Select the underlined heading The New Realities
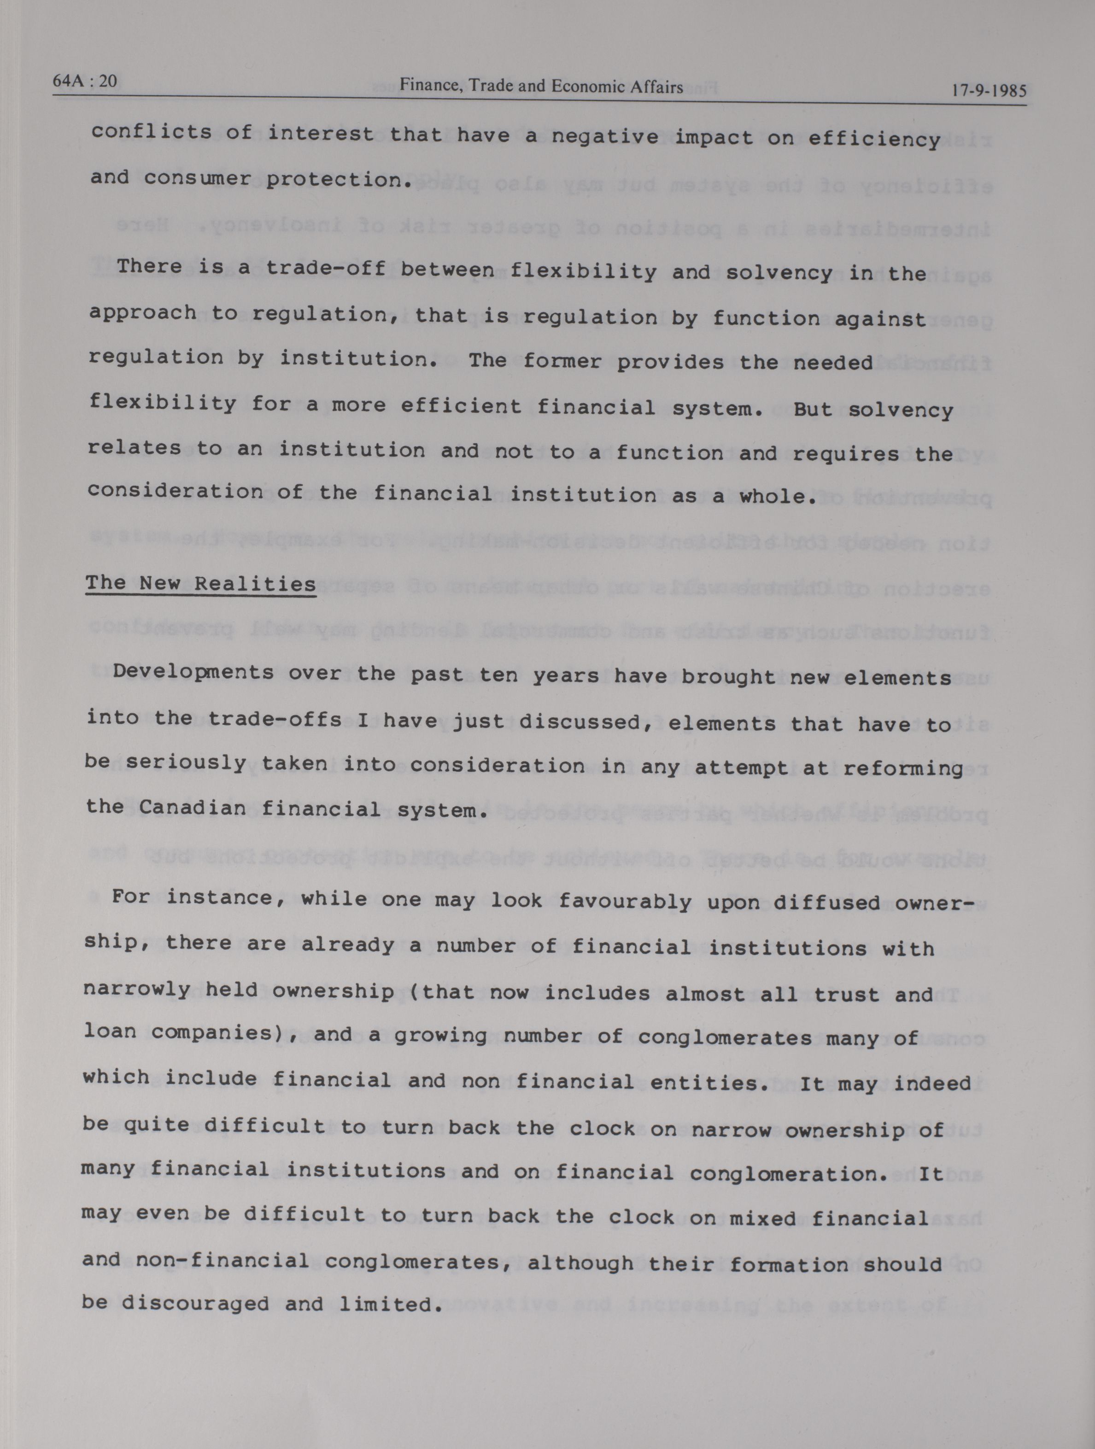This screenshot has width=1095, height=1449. [200, 584]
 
